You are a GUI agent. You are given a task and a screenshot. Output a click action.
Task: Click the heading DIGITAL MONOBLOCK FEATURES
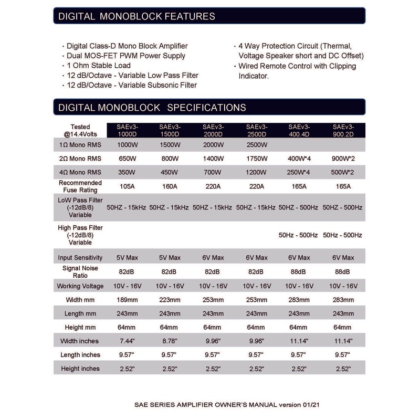[x=136, y=16]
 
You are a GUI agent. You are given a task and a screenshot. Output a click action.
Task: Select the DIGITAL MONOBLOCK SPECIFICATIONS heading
[x=152, y=108]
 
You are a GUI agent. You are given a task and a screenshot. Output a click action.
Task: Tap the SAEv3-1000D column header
[x=126, y=130]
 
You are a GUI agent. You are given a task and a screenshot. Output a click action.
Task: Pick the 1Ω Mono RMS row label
[x=80, y=144]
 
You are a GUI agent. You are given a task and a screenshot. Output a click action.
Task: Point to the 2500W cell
[x=257, y=144]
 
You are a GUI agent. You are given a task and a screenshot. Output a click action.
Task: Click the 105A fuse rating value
[x=126, y=186]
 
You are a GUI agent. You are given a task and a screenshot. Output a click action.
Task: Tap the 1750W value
[x=257, y=158]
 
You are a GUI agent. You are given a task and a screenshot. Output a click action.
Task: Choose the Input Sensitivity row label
[x=80, y=258]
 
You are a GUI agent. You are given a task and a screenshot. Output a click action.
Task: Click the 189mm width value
[x=126, y=300]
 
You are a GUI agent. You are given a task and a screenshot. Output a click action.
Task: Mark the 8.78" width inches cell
[x=170, y=341]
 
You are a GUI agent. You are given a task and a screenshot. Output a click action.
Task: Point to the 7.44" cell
[x=126, y=341]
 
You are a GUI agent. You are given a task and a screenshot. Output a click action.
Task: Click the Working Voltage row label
[x=80, y=286]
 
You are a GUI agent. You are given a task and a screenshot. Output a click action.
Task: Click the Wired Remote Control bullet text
[x=297, y=66]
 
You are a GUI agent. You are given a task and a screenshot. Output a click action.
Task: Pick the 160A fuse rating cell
[x=170, y=186]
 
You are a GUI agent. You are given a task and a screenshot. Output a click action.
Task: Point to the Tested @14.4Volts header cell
[x=80, y=130]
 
